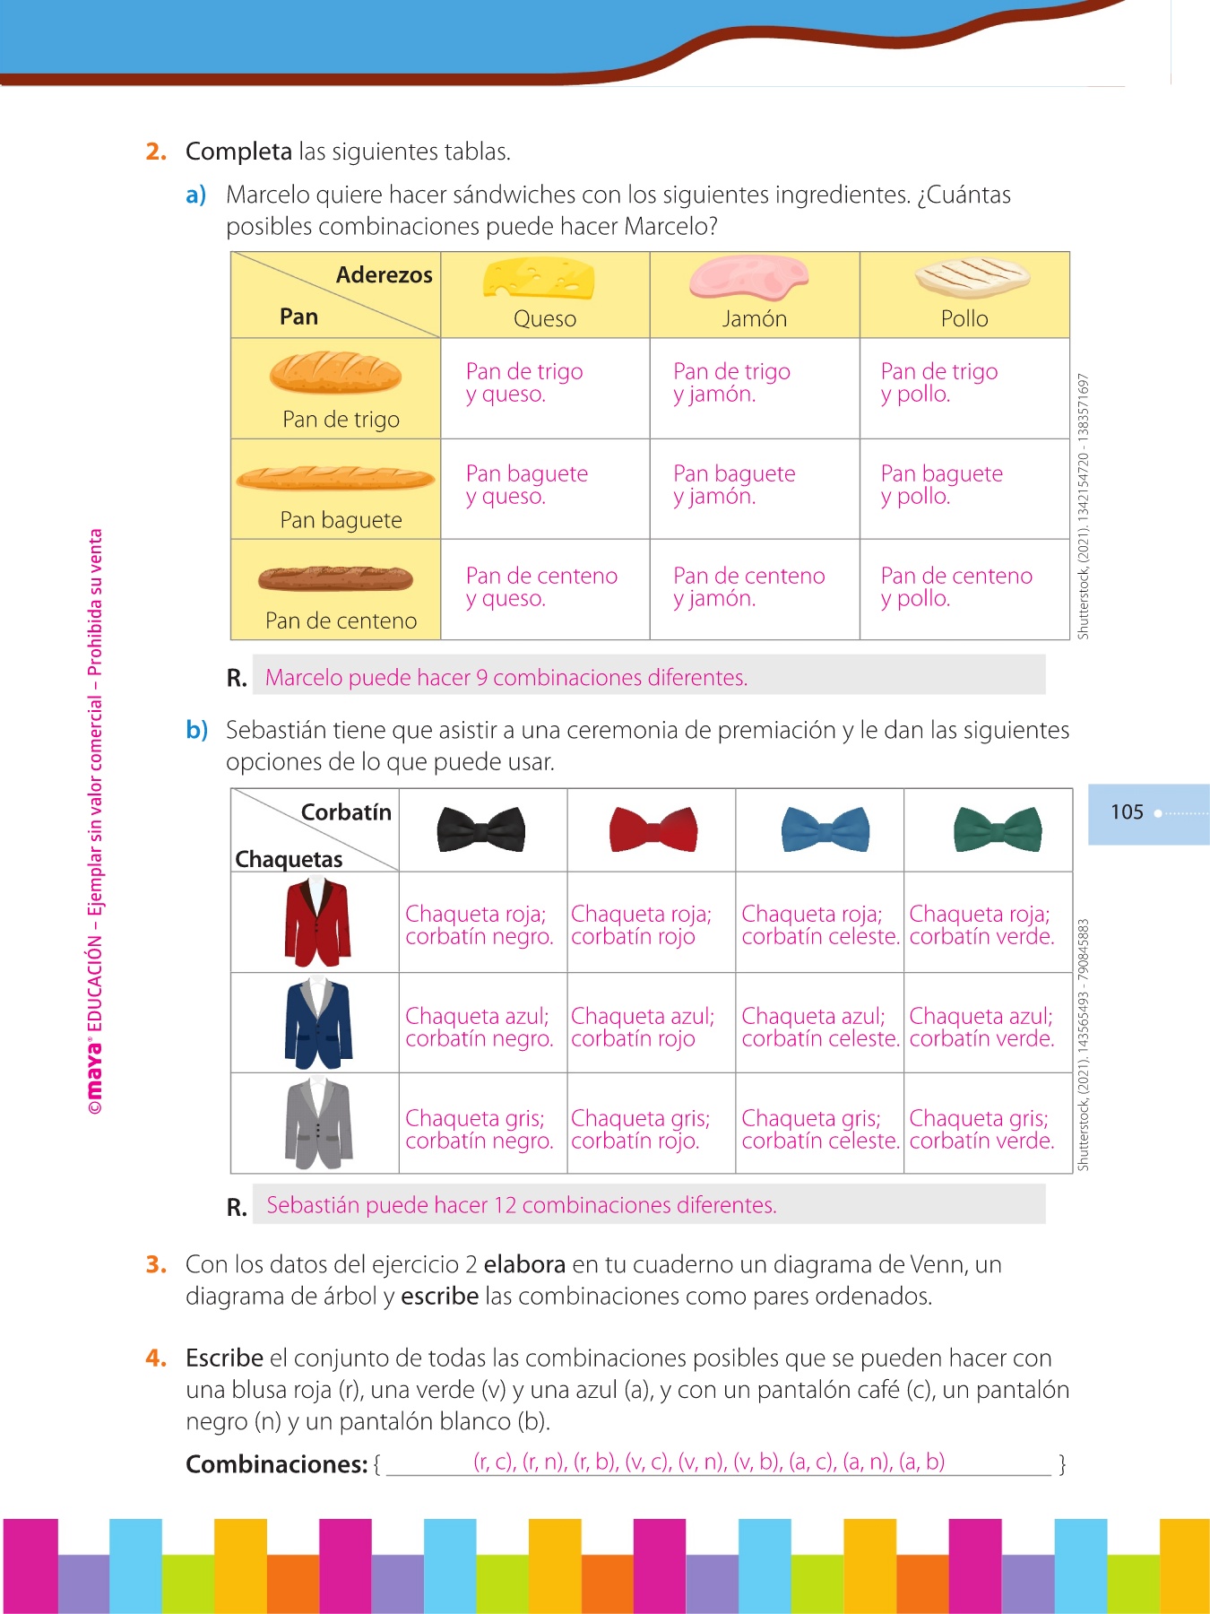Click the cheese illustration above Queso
(x=539, y=279)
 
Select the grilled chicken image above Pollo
(x=972, y=277)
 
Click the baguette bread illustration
(x=335, y=478)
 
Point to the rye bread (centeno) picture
(x=335, y=578)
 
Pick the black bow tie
(x=481, y=829)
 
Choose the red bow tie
(x=653, y=829)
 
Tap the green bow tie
(x=998, y=829)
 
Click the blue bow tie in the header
(x=825, y=829)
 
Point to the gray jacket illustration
(x=318, y=1124)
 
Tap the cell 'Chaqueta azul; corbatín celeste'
(x=819, y=1028)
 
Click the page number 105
(x=1127, y=812)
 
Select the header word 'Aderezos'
(x=384, y=275)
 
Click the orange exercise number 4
(x=156, y=1358)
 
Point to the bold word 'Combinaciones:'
(x=276, y=1464)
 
